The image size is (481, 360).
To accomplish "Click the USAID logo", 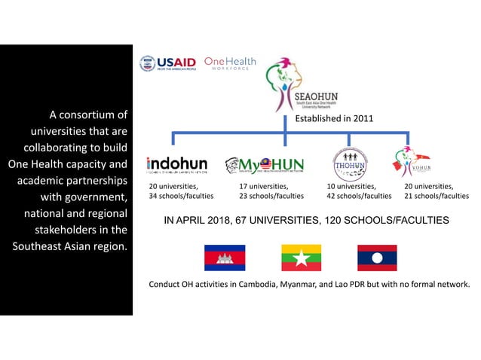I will (167, 63).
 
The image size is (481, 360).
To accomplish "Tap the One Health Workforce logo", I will (230, 63).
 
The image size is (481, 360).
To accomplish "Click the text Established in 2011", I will (334, 118).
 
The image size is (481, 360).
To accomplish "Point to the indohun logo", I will (176, 165).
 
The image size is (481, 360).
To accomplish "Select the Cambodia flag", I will (225, 258).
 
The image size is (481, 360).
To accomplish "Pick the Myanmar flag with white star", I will (301, 258).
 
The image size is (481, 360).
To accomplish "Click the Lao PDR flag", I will (377, 258).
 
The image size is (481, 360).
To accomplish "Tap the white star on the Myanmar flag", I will (301, 258).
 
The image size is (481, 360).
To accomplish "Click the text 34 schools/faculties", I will (181, 196).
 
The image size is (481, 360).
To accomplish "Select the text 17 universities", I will (263, 185).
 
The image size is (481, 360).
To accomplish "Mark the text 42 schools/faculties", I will (359, 196).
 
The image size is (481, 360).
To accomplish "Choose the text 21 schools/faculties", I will (437, 196).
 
